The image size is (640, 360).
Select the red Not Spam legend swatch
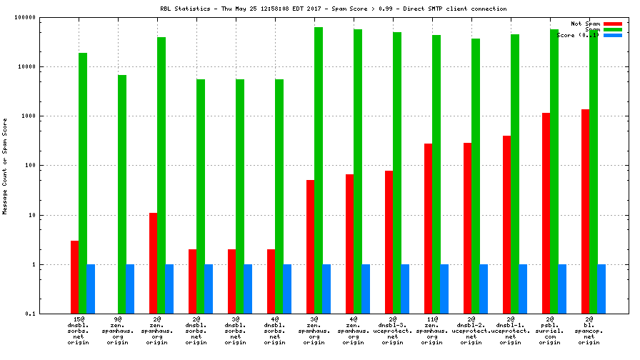point(613,24)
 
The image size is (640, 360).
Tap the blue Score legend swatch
point(613,35)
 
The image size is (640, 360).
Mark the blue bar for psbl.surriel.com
point(562,289)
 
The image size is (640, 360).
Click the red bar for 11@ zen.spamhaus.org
point(428,229)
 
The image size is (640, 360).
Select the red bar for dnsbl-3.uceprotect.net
point(389,242)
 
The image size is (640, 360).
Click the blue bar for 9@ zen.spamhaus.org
point(130,289)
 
